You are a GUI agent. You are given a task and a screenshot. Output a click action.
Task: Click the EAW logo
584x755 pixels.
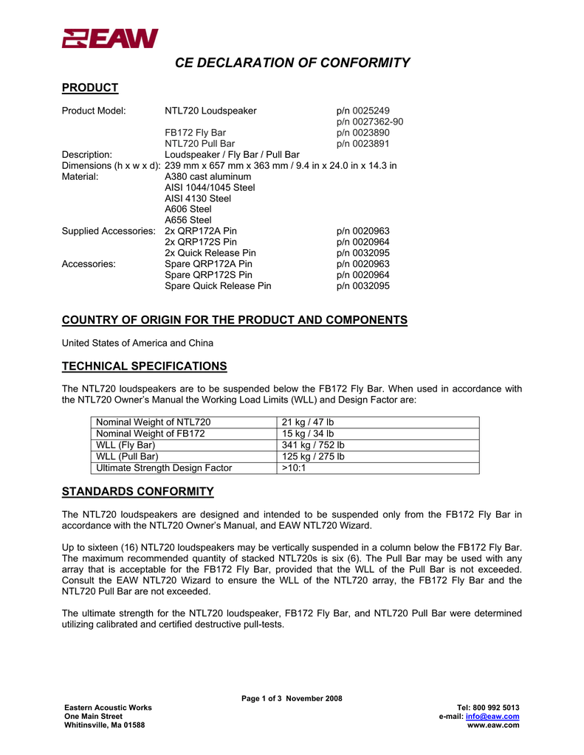[109, 38]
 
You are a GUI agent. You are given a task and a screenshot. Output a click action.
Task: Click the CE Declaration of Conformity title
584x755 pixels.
[292, 63]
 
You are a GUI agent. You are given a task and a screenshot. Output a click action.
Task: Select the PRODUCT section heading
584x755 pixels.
[90, 88]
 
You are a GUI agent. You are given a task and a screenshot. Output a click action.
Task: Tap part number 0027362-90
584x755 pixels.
[370, 122]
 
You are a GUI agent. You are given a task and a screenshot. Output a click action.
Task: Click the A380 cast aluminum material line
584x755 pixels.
[207, 177]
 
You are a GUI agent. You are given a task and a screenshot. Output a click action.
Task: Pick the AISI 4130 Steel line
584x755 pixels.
[198, 198]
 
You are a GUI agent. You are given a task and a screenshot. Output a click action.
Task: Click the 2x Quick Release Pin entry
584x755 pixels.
[210, 253]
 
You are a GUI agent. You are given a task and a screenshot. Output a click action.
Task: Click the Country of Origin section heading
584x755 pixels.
[234, 320]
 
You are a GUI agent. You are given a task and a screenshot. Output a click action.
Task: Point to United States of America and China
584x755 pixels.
[137, 343]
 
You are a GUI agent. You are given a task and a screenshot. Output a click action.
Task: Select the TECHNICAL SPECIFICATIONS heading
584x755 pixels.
[144, 366]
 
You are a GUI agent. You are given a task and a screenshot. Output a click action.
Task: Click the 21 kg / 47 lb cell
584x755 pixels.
[308, 422]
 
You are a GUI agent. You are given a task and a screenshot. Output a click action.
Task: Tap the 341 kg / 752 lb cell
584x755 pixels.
[313, 445]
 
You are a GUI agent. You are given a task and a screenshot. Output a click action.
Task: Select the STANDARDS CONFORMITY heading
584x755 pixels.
[138, 491]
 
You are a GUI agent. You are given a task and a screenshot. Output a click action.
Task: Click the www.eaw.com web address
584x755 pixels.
[494, 726]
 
